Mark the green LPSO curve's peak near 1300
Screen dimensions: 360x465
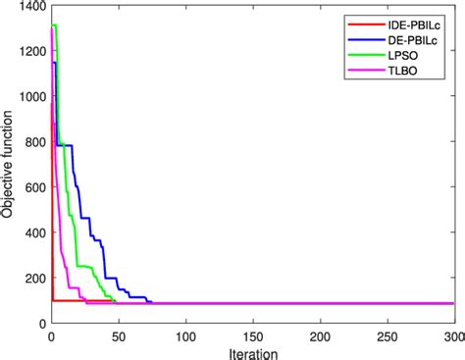tap(54, 26)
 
